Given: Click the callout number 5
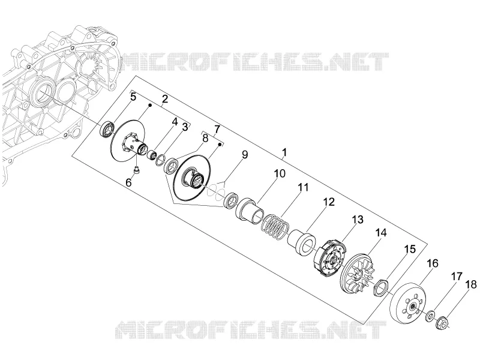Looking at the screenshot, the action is point(133,97).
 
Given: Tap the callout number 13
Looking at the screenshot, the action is point(358,220).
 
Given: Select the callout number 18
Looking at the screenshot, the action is point(472,284).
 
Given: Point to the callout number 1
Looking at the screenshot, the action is point(284,152).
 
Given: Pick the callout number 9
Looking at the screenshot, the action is point(245,155).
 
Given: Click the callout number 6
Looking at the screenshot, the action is point(128,182).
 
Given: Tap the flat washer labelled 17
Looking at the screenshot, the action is point(431,316).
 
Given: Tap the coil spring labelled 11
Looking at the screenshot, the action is point(275,227).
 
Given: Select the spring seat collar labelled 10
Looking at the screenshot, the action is point(249,210).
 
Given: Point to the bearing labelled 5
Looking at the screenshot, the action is point(107,130).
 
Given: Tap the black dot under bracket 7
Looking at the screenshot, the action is point(220,143).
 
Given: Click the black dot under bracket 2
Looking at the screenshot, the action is point(151,106).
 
